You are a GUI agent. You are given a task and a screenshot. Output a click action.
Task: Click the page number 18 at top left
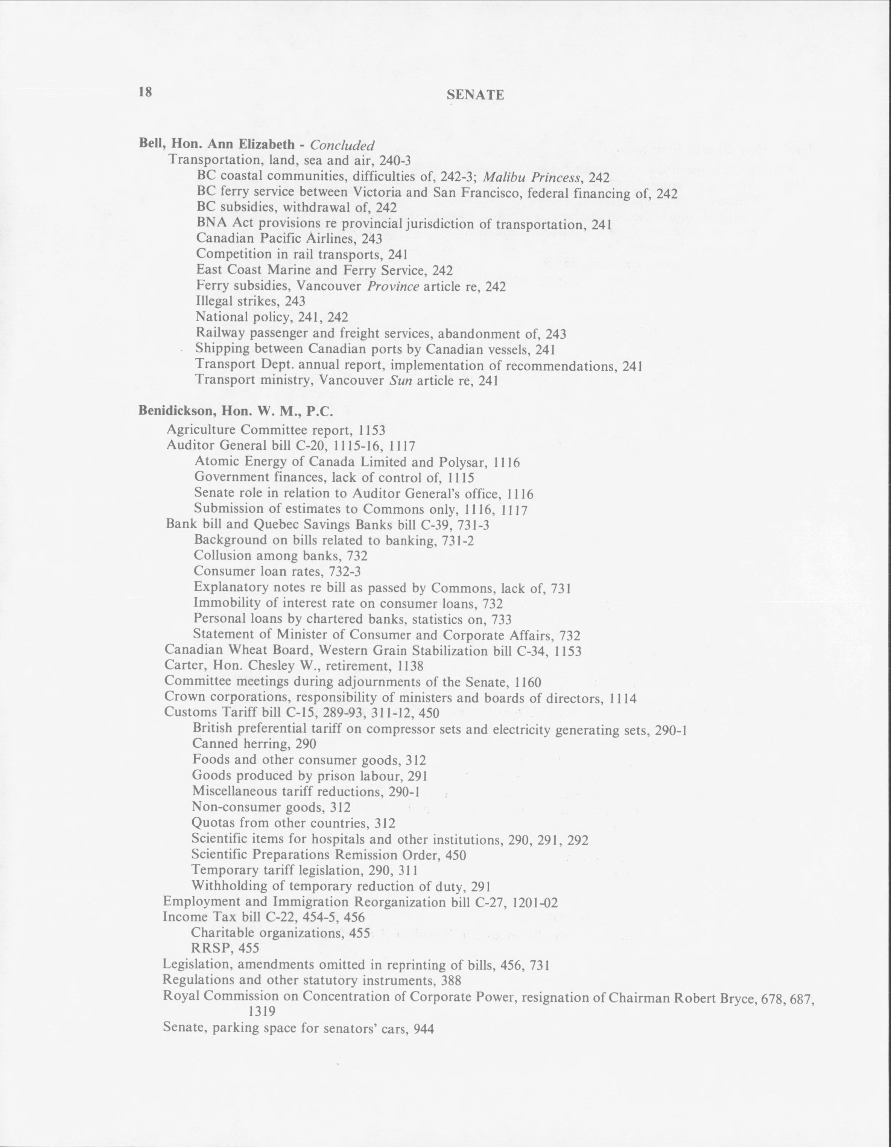pos(145,92)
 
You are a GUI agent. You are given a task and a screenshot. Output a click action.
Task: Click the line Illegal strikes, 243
pos(250,301)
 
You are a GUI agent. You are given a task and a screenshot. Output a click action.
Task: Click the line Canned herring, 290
pos(254,744)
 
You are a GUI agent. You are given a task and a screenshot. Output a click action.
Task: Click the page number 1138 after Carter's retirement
pos(411,666)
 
